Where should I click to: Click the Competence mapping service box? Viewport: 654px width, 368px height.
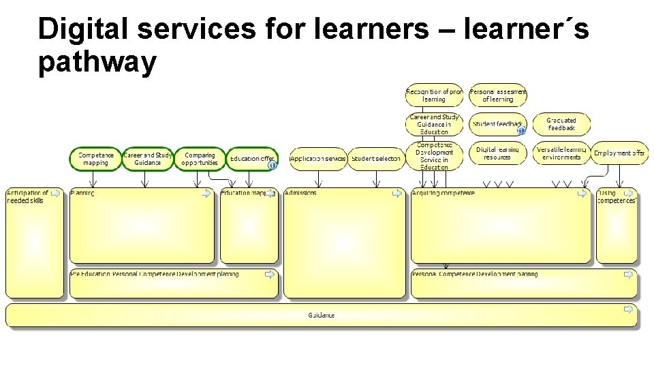tap(95, 159)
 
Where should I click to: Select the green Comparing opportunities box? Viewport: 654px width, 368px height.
tap(200, 159)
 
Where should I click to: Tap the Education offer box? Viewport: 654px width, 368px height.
tap(252, 159)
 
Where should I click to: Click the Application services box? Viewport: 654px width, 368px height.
tap(318, 159)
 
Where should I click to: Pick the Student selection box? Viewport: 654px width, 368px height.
tap(376, 159)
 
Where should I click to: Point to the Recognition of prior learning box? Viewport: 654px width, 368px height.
tap(434, 95)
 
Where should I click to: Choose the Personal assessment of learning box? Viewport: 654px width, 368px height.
tap(498, 95)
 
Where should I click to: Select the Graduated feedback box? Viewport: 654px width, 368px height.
tap(561, 124)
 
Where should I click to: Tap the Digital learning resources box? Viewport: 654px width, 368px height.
tap(498, 153)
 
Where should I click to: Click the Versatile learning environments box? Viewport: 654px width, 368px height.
tap(561, 153)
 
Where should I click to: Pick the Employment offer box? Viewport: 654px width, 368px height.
tap(619, 153)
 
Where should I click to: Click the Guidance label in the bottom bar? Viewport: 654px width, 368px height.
tap(321, 316)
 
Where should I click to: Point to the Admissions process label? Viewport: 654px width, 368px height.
tap(300, 194)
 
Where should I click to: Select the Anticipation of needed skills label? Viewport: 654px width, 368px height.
tap(27, 197)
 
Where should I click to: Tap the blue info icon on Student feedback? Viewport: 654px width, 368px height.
tap(521, 130)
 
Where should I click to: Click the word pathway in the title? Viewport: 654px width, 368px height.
tap(97, 63)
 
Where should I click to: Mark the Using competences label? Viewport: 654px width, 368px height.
tap(617, 197)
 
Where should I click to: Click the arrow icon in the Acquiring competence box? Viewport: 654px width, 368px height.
tap(582, 194)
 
